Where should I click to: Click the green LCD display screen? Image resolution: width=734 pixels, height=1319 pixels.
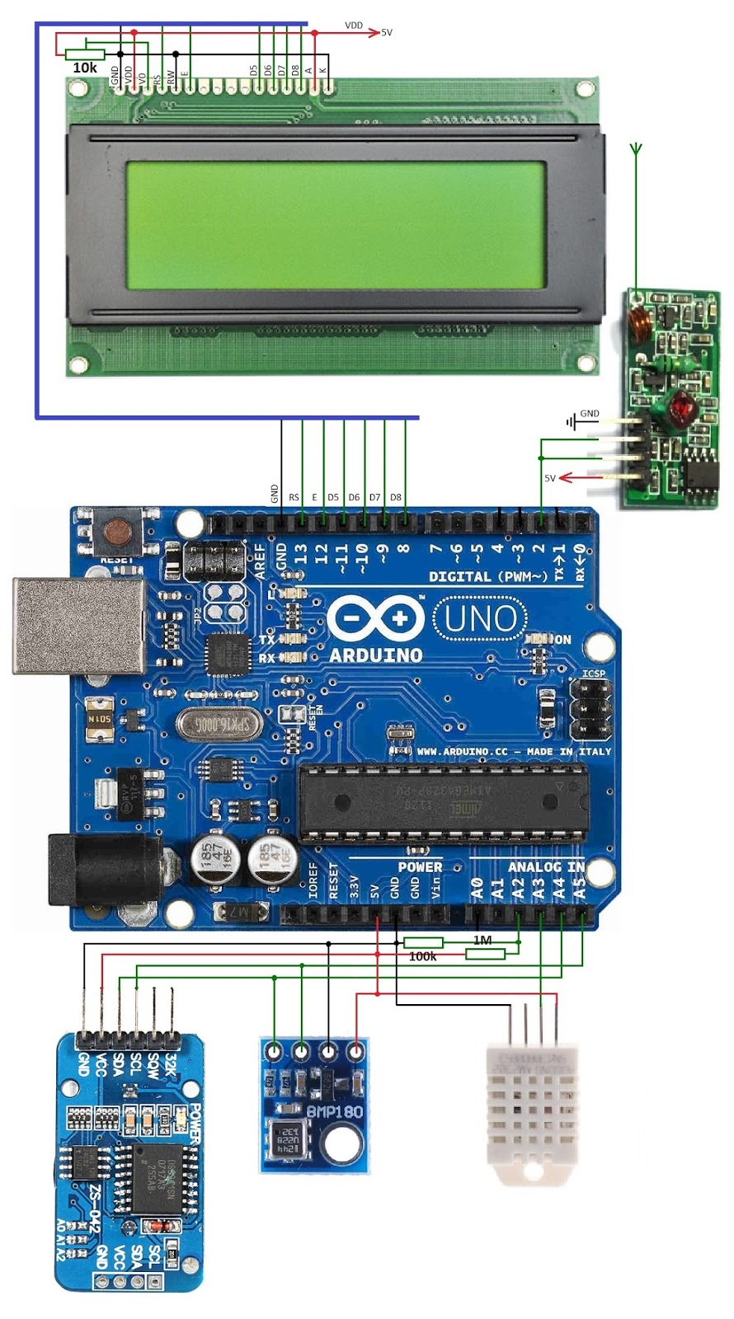click(336, 224)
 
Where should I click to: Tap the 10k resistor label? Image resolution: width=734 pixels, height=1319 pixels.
click(85, 68)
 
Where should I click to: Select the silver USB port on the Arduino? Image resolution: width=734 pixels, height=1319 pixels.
click(78, 625)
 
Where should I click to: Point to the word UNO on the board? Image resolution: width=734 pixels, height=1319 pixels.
click(481, 617)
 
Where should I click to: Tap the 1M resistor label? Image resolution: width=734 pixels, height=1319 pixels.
click(482, 940)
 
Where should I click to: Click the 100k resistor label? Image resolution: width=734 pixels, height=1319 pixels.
click(423, 956)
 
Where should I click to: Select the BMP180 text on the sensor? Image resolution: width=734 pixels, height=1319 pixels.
click(334, 1111)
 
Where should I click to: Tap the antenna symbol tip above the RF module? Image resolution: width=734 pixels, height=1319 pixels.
click(636, 149)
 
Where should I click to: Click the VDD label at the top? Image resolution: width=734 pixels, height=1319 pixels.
click(354, 26)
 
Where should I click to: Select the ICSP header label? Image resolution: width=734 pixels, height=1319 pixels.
click(594, 674)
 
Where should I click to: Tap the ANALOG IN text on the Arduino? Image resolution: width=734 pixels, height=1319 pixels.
click(546, 866)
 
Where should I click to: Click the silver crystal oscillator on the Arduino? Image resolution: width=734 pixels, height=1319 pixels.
click(219, 725)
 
